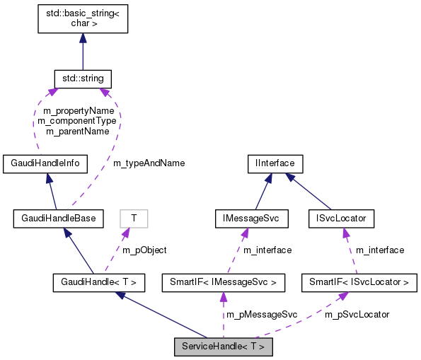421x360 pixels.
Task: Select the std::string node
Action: click(x=83, y=76)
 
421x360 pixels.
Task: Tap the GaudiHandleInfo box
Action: click(x=45, y=163)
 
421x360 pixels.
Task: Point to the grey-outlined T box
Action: click(x=134, y=218)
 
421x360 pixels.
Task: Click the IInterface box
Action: click(x=275, y=163)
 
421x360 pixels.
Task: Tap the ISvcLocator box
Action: click(x=341, y=218)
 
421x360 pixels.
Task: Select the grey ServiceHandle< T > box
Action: click(x=224, y=347)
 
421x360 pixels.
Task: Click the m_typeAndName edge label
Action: click(x=149, y=163)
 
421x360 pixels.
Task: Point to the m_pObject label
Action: click(x=145, y=250)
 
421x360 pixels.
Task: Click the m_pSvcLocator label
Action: click(x=357, y=313)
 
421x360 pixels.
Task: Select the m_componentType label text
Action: click(x=76, y=121)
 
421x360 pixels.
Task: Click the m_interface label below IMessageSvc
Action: click(x=267, y=250)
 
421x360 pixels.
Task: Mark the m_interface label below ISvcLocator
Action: click(x=380, y=250)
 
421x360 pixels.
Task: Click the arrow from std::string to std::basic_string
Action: click(x=83, y=50)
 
